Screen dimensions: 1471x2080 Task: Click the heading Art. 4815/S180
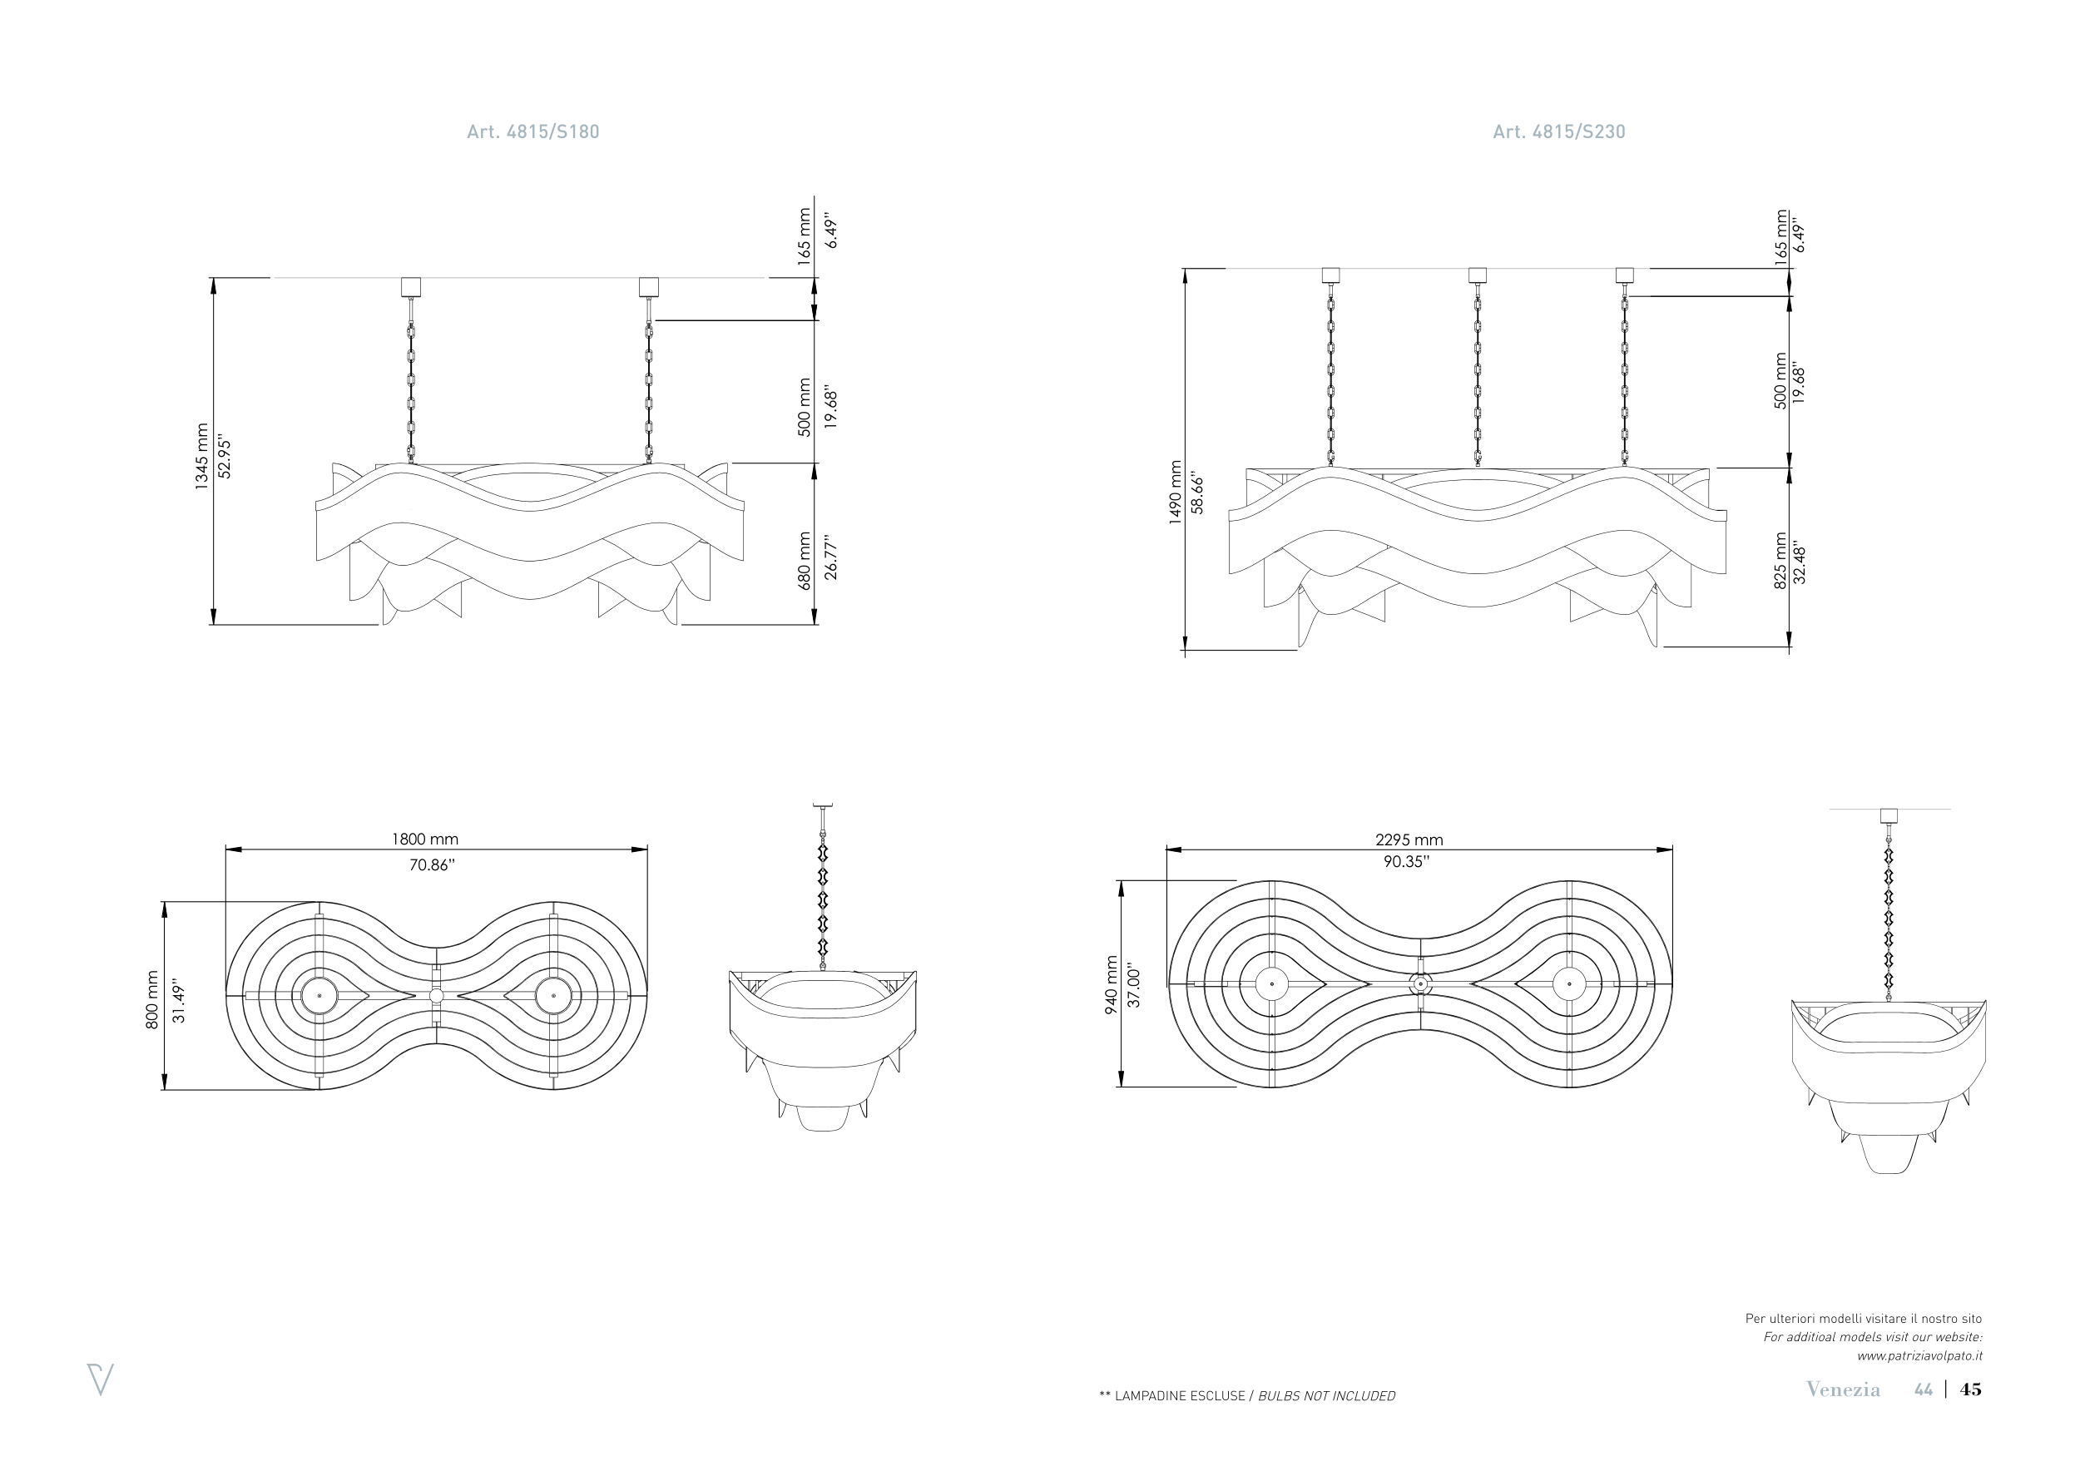(532, 132)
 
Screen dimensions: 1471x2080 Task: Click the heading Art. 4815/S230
(1558, 132)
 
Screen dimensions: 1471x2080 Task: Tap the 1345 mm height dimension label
(201, 457)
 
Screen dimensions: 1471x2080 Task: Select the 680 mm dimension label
(805, 562)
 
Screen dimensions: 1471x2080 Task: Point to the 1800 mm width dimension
(424, 840)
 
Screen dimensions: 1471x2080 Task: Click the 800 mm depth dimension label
(152, 1000)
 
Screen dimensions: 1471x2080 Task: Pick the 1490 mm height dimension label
(1175, 492)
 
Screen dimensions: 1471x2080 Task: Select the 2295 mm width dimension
(1409, 840)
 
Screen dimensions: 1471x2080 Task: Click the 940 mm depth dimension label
(1112, 985)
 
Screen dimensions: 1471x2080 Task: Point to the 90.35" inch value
(1406, 861)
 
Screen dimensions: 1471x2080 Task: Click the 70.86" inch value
(431, 865)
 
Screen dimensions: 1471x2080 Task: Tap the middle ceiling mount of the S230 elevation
(1477, 275)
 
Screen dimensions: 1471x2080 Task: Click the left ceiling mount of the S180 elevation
(410, 286)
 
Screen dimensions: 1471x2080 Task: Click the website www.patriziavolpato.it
(1919, 1356)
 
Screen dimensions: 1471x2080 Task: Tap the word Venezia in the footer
(1843, 1389)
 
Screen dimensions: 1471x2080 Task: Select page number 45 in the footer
(1970, 1389)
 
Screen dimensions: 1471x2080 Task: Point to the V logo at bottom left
(100, 1379)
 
